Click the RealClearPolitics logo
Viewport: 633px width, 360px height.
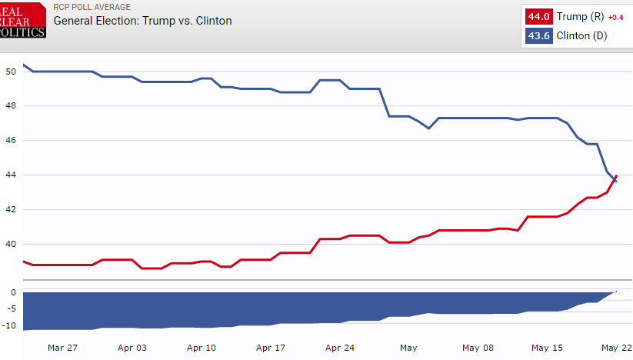click(x=22, y=19)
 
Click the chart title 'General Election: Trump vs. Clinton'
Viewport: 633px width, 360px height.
click(x=142, y=21)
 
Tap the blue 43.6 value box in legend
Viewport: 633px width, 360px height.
click(x=538, y=36)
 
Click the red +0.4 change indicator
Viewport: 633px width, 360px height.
click(x=615, y=17)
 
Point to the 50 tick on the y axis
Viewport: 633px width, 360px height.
click(x=10, y=72)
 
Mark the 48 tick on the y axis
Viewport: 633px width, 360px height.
click(x=10, y=106)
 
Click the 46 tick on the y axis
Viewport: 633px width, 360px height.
click(x=10, y=141)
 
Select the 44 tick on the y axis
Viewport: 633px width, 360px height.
click(x=10, y=175)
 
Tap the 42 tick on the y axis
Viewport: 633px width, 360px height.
click(x=10, y=209)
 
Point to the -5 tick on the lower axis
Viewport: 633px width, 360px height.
click(x=11, y=308)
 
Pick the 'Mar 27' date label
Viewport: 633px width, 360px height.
click(x=62, y=348)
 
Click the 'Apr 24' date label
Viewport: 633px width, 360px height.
click(x=339, y=348)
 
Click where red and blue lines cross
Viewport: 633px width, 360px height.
click(x=614, y=178)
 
